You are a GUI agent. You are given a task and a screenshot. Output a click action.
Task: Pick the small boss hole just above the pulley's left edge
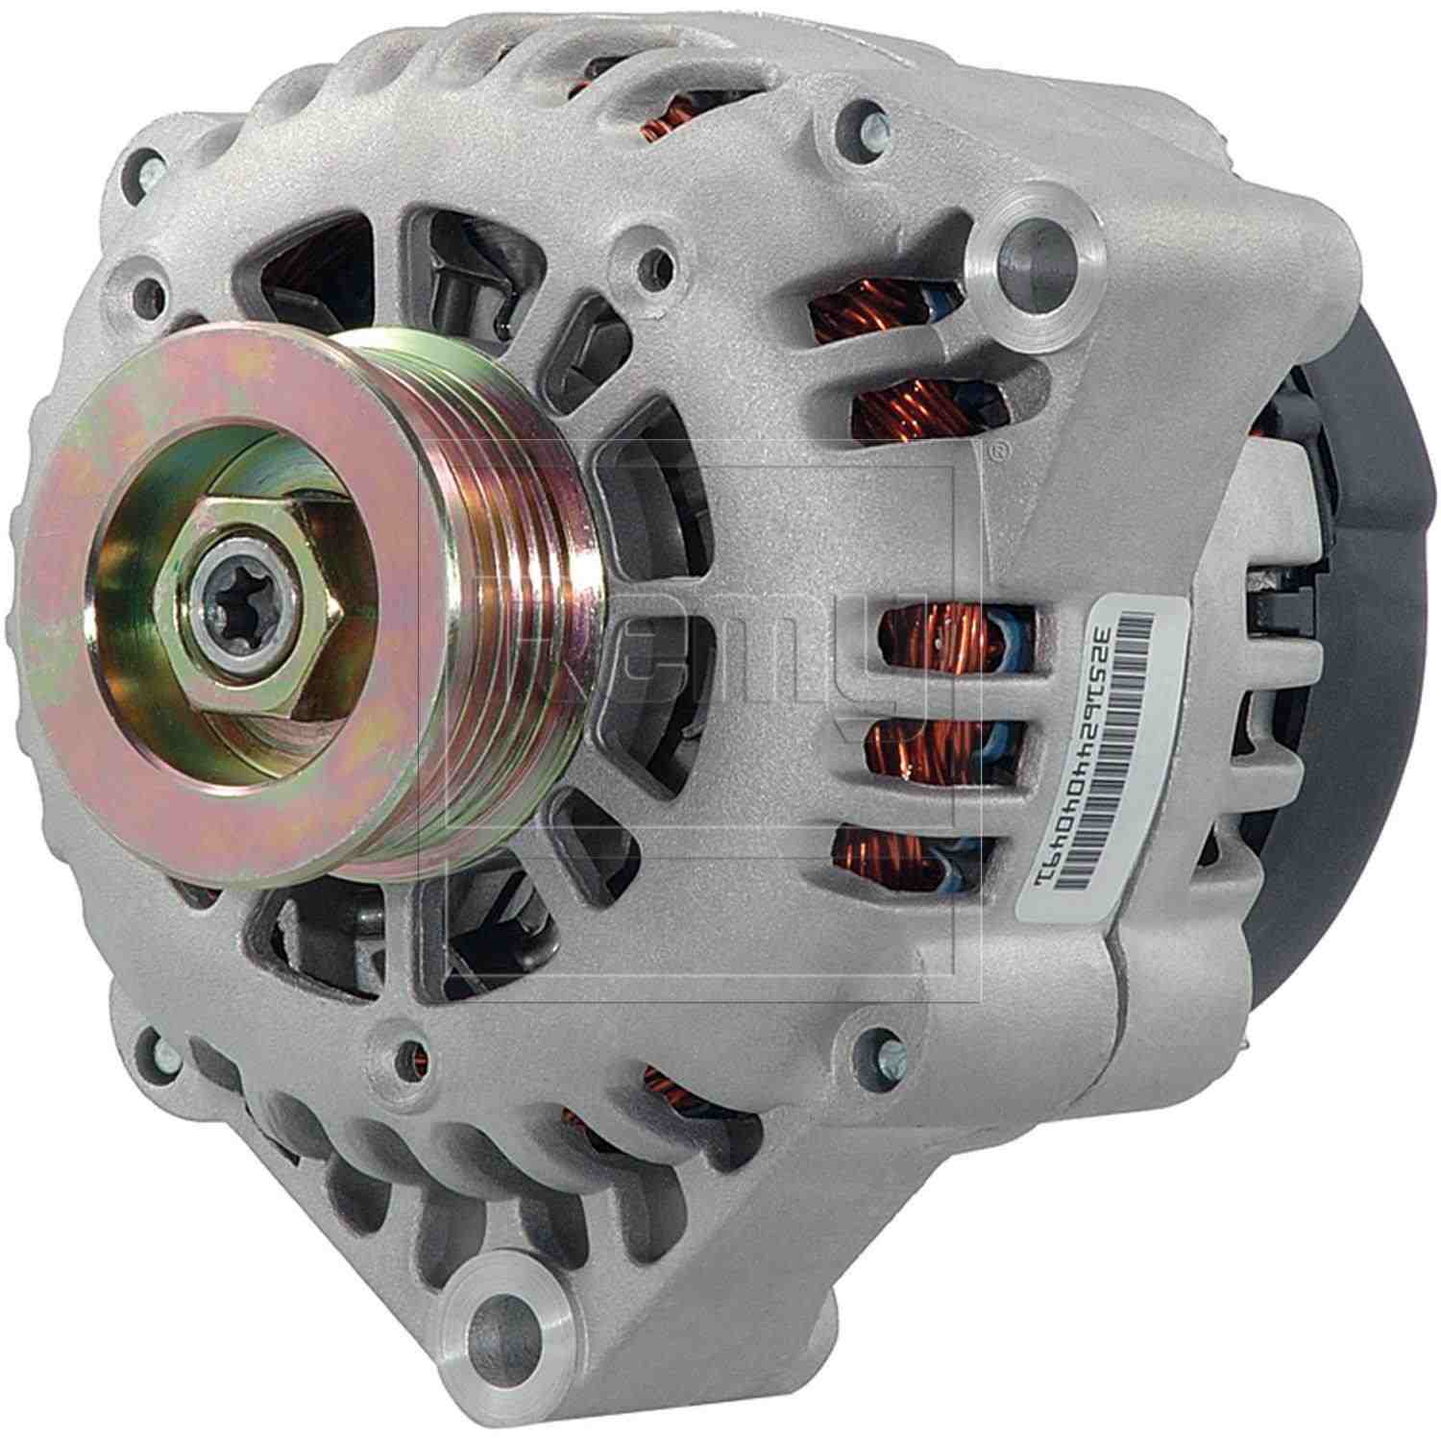(x=147, y=291)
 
